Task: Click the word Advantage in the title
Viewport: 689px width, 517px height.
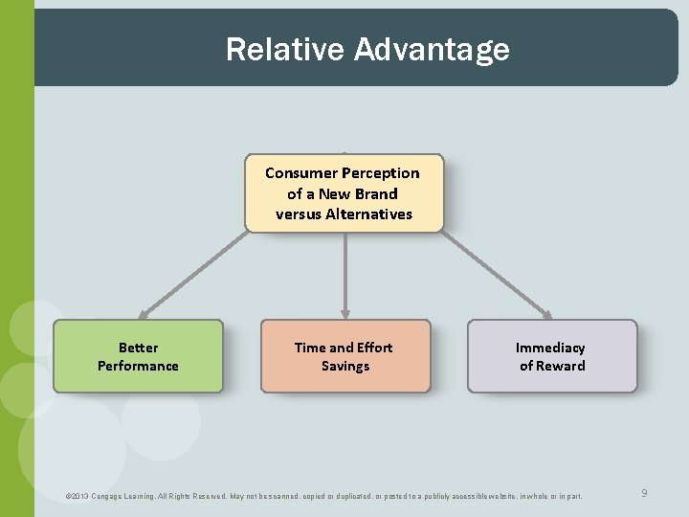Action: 431,49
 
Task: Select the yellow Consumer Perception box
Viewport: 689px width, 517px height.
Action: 344,192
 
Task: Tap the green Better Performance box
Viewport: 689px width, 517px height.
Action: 138,356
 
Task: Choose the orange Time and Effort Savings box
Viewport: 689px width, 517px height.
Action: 344,356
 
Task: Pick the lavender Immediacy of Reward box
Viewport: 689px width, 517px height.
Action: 551,356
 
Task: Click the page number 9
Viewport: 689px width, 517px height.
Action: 644,493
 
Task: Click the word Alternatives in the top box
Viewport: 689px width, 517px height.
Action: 368,214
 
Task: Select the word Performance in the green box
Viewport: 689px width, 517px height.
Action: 138,366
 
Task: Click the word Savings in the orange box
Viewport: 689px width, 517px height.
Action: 345,366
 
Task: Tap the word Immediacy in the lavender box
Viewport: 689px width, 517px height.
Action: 550,348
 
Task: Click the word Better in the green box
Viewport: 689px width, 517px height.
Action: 138,348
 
